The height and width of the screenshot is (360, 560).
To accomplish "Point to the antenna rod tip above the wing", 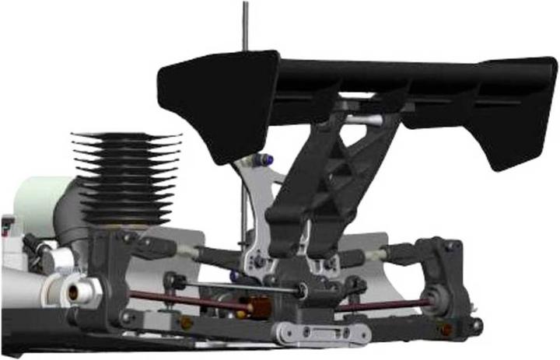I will click(x=246, y=6).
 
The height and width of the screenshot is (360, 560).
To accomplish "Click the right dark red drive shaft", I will click(x=381, y=304).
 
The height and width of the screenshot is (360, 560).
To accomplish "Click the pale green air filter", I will click(x=35, y=202).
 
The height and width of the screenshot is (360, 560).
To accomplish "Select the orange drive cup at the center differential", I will click(x=258, y=306).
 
